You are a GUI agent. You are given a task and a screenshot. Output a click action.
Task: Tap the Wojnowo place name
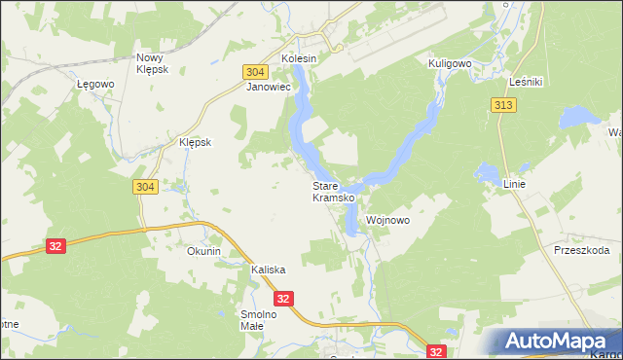[387, 221]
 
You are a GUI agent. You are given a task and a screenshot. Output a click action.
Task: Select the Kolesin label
[300, 58]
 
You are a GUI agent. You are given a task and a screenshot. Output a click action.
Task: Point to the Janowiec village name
[269, 87]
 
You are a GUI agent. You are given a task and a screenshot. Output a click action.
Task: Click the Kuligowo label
[450, 62]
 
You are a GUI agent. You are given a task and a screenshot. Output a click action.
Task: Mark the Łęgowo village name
[96, 84]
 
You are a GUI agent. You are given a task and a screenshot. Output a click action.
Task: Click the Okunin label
[204, 251]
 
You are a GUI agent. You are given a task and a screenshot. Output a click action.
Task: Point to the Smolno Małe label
[259, 320]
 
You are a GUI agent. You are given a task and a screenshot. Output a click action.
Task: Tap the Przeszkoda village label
[581, 250]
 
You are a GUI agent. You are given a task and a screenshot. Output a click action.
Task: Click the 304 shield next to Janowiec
[255, 72]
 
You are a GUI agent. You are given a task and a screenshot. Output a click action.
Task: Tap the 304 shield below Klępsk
[142, 187]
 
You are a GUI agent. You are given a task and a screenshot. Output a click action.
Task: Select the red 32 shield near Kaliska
[283, 300]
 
